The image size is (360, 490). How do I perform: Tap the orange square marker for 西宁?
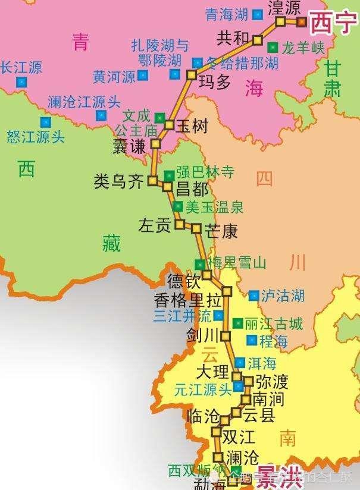(x=301, y=22)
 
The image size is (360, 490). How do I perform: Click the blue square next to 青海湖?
(x=257, y=14)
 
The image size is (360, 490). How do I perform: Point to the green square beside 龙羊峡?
(x=273, y=47)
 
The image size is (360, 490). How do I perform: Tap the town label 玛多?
(x=214, y=81)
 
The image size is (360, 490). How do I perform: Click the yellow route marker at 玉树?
(x=168, y=125)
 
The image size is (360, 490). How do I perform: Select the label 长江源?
(x=21, y=67)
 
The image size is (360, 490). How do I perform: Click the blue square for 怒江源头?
(x=46, y=122)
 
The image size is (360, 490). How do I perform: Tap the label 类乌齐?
(x=119, y=181)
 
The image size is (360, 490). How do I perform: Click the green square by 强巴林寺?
(x=170, y=174)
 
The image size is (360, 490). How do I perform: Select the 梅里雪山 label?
(x=236, y=263)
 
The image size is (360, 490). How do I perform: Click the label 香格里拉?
(x=183, y=299)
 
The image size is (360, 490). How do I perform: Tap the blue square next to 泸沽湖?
(x=253, y=295)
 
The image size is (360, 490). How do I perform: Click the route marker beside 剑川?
(x=226, y=336)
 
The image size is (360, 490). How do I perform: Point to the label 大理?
(x=212, y=372)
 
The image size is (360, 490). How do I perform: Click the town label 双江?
(x=238, y=436)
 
